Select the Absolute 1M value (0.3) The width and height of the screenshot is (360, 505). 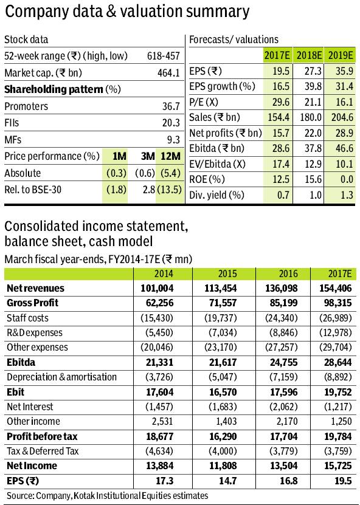[116, 173]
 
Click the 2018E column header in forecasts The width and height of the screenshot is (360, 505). [308, 56]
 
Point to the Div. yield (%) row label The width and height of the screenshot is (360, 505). [217, 195]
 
